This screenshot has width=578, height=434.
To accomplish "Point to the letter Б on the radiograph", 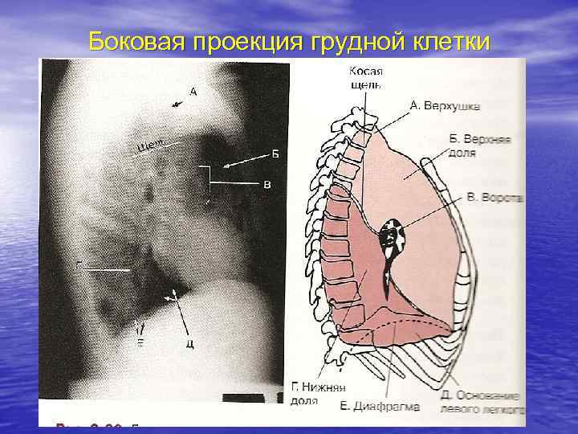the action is click(x=275, y=154).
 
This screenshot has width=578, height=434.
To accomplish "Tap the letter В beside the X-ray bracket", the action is click(x=267, y=184).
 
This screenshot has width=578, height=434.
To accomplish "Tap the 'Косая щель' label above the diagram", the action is click(x=366, y=78).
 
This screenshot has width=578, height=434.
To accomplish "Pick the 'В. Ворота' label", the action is click(x=495, y=196).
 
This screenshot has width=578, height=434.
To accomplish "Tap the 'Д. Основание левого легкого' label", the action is click(x=480, y=401).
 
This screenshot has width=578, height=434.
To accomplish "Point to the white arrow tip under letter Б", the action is click(x=226, y=167).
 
